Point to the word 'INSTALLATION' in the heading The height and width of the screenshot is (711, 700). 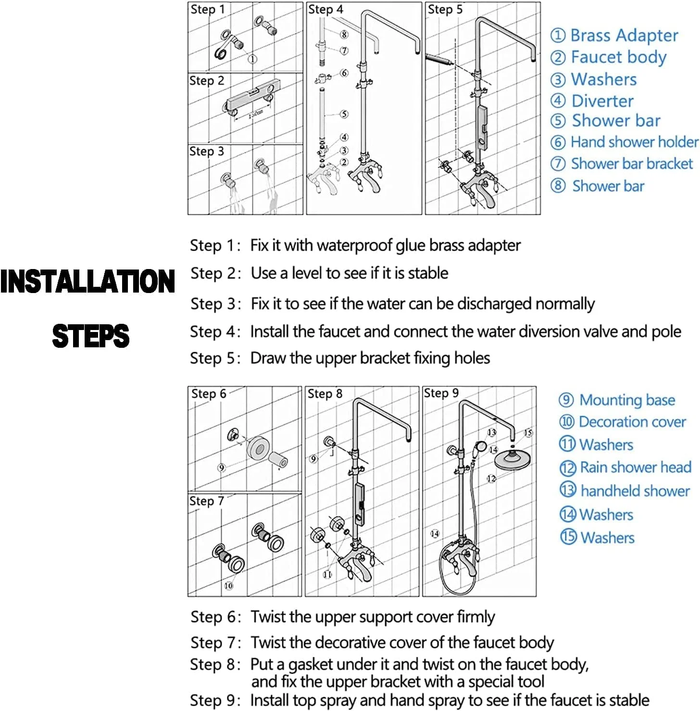(x=87, y=282)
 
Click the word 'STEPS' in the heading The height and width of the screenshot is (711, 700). (x=91, y=336)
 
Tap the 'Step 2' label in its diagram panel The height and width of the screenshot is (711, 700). (x=207, y=81)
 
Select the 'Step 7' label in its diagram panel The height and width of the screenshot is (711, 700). (x=207, y=501)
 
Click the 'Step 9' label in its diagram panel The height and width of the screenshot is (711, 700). (x=441, y=393)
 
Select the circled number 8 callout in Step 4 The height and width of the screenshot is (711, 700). (x=344, y=35)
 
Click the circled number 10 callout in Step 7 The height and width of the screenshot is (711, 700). (x=228, y=586)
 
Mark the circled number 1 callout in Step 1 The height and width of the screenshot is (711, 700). (x=252, y=59)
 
